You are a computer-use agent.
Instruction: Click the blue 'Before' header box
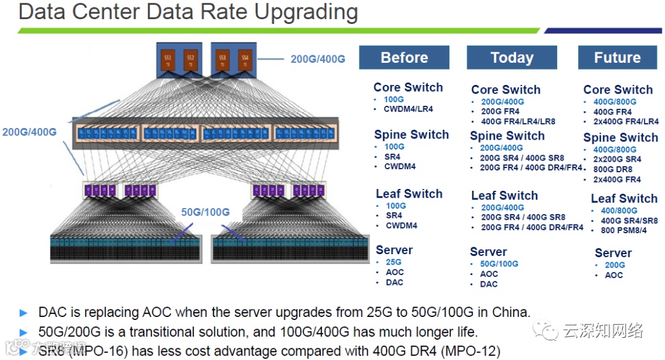(x=404, y=58)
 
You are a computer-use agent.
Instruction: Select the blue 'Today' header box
(x=512, y=58)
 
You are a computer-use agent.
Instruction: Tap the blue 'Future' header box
(x=617, y=58)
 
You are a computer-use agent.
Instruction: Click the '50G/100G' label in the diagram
(x=206, y=212)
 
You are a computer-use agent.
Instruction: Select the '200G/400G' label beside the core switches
(x=318, y=59)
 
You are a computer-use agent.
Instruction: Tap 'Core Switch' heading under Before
(x=408, y=87)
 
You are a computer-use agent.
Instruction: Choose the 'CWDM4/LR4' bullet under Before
(x=408, y=109)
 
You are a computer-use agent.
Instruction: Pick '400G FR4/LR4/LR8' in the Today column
(x=518, y=121)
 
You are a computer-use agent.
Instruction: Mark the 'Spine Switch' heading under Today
(x=507, y=136)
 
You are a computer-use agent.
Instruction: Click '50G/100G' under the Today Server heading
(x=499, y=264)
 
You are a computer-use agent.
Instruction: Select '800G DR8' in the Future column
(x=613, y=169)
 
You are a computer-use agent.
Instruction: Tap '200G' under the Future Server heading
(x=615, y=265)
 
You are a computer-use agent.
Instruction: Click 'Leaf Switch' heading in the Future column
(x=624, y=199)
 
